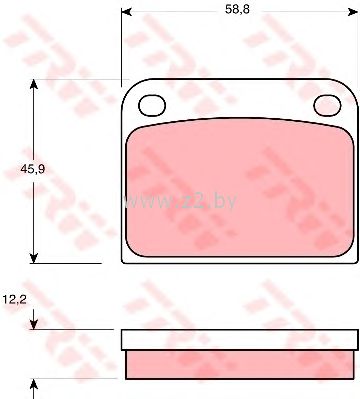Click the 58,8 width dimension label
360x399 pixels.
click(x=237, y=9)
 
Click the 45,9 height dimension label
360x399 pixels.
click(x=33, y=169)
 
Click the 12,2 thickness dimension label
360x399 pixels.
click(x=15, y=300)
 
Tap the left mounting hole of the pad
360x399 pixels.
click(x=152, y=105)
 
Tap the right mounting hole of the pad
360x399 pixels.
click(x=328, y=105)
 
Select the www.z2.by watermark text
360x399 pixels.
click(x=180, y=201)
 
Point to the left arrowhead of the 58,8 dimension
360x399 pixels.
click(x=126, y=12)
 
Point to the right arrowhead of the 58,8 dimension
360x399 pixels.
click(x=353, y=12)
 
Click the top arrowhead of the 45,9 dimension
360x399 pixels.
click(x=33, y=85)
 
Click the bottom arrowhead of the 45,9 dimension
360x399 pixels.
click(x=33, y=258)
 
